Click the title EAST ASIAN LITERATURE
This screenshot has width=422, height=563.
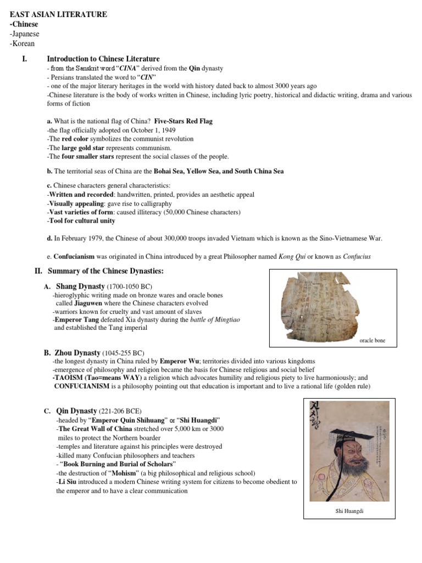click(x=58, y=15)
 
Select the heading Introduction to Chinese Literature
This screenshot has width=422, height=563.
click(x=103, y=59)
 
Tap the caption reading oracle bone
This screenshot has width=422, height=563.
click(x=372, y=341)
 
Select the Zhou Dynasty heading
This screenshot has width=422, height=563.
click(x=77, y=352)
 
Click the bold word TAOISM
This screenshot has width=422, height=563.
click(x=70, y=378)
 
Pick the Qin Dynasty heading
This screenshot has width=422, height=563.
click(x=76, y=411)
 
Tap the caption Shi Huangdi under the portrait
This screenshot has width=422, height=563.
click(x=350, y=511)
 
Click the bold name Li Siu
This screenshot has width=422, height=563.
click(x=69, y=482)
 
